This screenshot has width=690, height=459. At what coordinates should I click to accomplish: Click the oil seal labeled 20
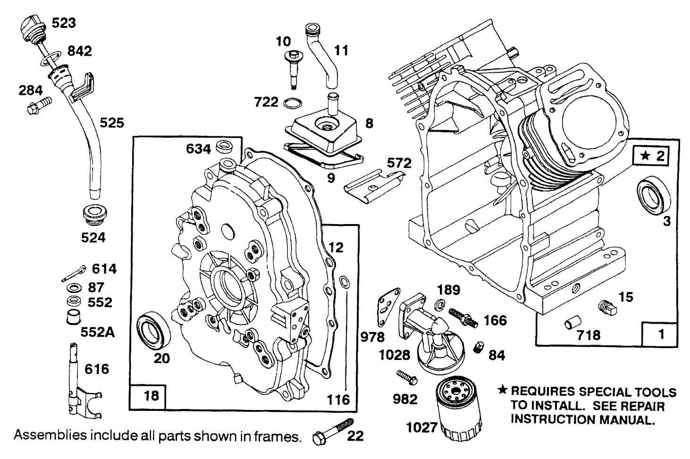pyautogui.click(x=152, y=329)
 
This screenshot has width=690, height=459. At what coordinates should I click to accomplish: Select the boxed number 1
pyautogui.click(x=661, y=334)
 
